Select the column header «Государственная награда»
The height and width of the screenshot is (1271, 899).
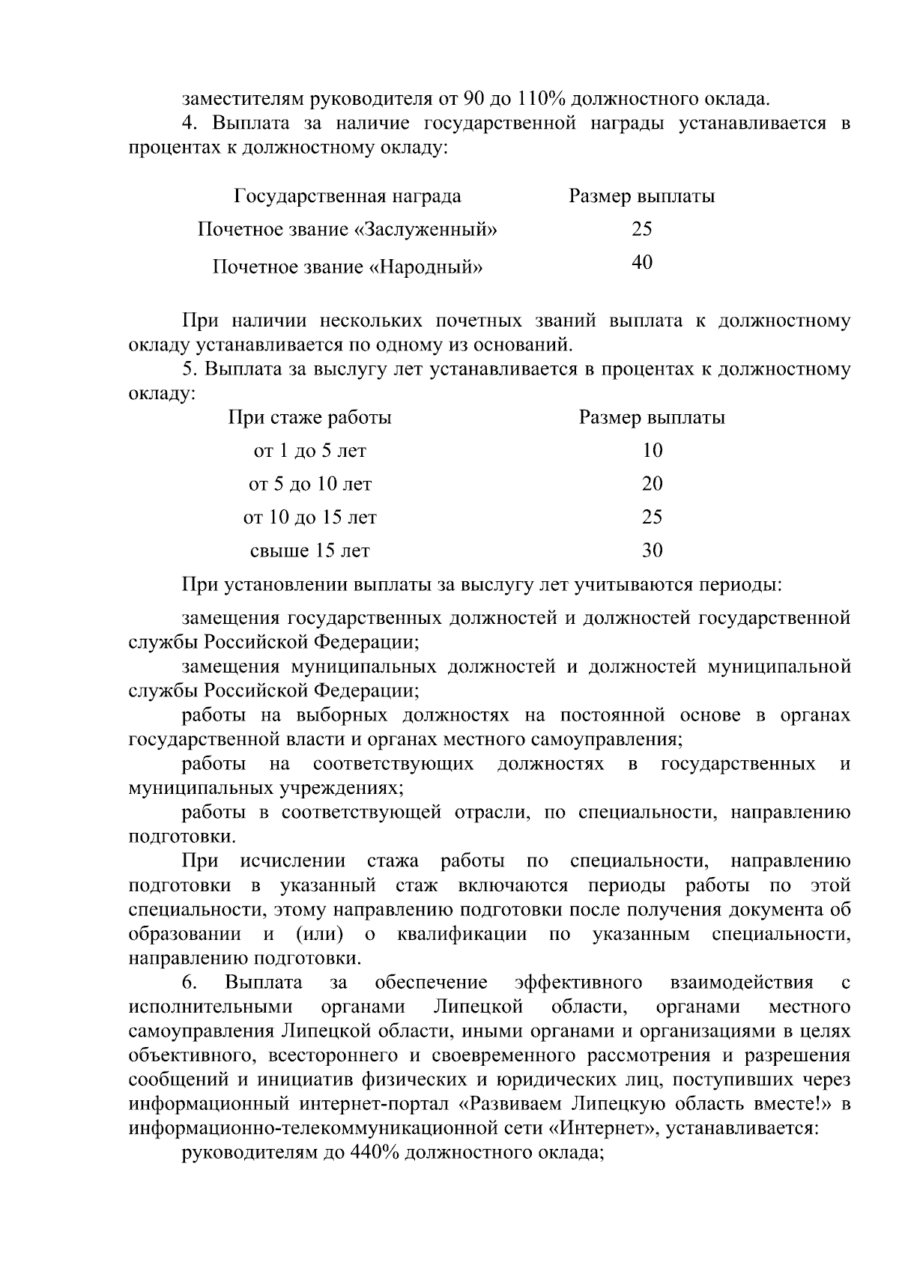(348, 197)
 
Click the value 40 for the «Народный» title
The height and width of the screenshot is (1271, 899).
(642, 262)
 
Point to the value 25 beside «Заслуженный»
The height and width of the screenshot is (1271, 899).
(642, 229)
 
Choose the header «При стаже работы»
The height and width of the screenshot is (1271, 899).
(310, 417)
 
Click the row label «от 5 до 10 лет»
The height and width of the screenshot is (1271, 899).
(310, 484)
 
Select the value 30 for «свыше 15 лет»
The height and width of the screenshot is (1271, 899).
(653, 550)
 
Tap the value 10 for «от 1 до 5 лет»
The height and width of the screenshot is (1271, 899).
(653, 450)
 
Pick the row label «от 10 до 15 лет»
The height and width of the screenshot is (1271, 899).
(310, 518)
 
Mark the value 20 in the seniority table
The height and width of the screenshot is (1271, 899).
(653, 484)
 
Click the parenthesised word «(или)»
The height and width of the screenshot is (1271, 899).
(320, 935)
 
